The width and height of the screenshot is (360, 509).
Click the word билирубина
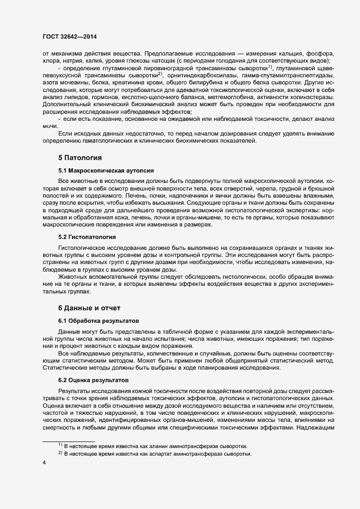[x=205, y=83]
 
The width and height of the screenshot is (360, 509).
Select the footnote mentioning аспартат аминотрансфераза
[x=158, y=453]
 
